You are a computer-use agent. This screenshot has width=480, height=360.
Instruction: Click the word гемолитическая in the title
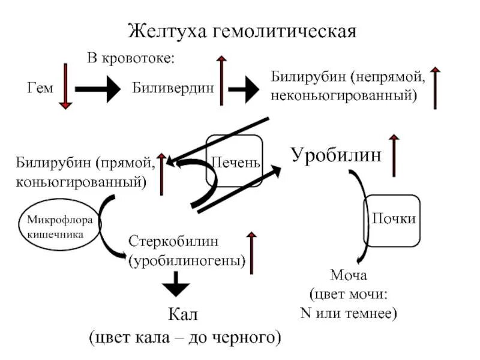(x=285, y=31)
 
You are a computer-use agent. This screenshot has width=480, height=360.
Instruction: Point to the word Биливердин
(x=173, y=88)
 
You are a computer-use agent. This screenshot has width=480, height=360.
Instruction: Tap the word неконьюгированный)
(x=344, y=95)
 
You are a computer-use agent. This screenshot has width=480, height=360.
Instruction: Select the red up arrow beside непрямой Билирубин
(x=436, y=88)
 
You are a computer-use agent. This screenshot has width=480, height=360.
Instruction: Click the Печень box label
(x=235, y=163)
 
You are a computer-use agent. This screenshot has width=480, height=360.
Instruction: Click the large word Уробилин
(x=336, y=154)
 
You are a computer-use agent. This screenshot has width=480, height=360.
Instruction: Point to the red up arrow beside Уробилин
(x=394, y=155)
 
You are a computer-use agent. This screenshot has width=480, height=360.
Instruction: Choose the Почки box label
(x=394, y=218)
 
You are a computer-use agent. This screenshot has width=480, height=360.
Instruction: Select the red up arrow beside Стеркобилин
(x=253, y=252)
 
